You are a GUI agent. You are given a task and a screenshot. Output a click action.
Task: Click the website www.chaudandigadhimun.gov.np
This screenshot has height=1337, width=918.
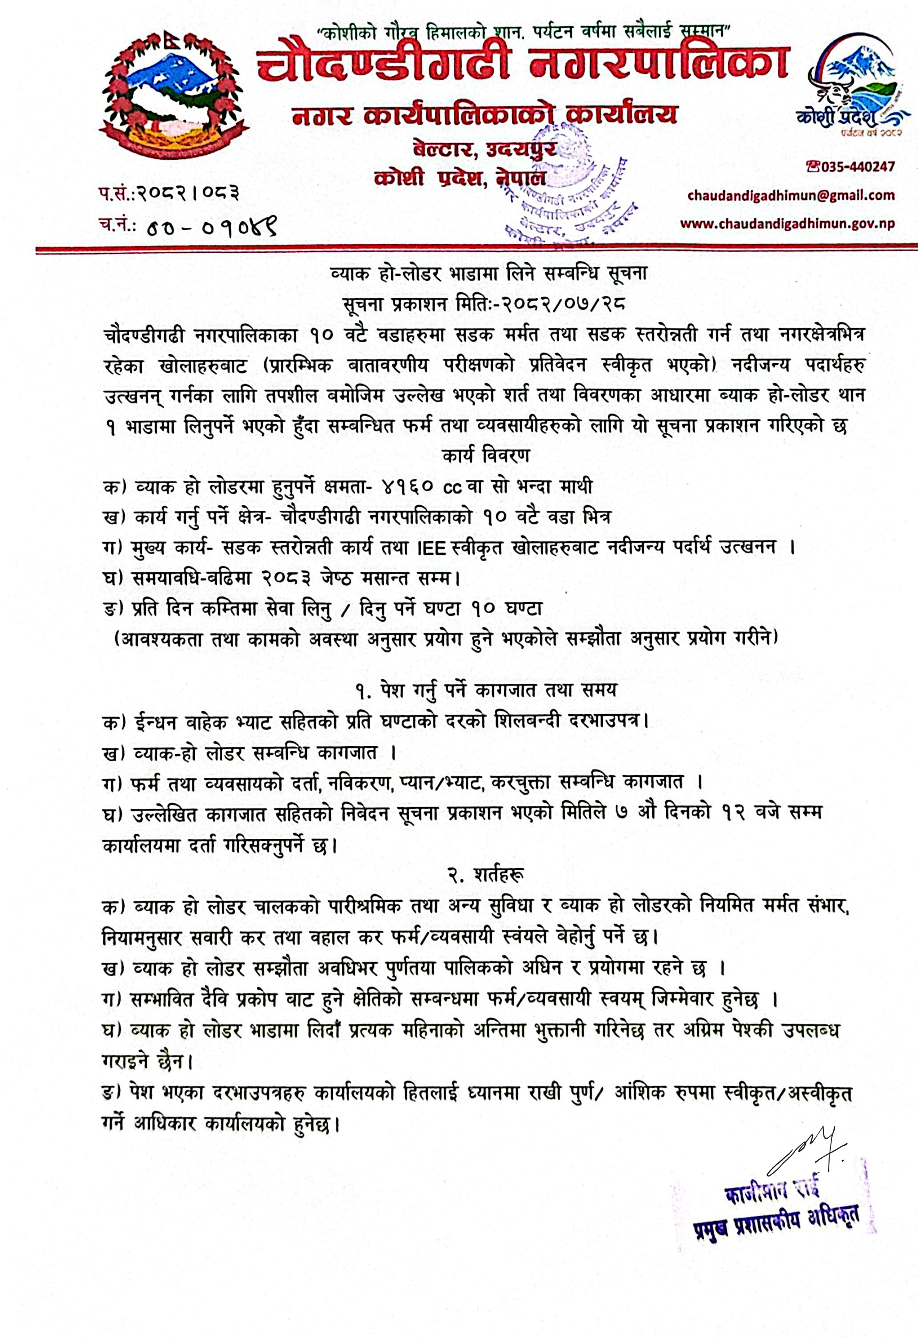tap(787, 223)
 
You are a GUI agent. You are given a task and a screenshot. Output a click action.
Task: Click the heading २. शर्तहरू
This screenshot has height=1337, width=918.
tap(486, 875)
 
